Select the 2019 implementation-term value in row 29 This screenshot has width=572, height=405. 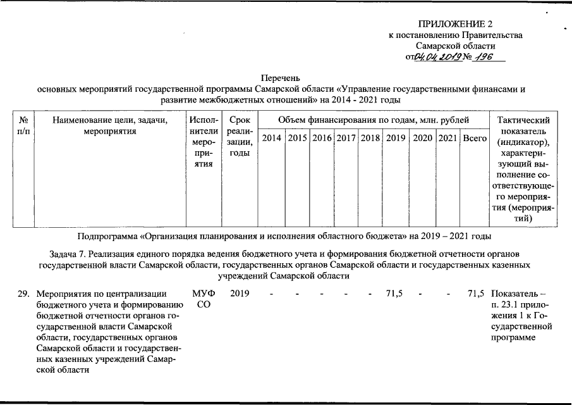[240, 294]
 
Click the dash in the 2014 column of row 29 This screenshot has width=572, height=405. [271, 294]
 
